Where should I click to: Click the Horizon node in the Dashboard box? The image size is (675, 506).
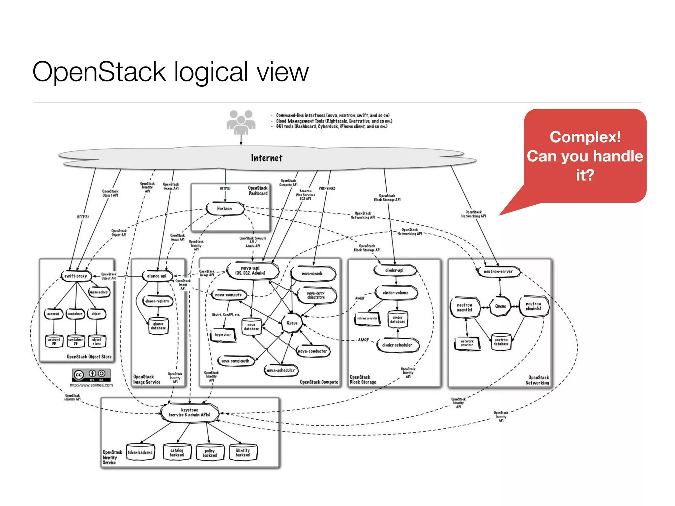[x=225, y=209]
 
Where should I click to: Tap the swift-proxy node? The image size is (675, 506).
[x=76, y=276]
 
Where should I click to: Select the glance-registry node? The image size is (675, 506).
[x=157, y=301]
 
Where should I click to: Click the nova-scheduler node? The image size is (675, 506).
[x=280, y=371]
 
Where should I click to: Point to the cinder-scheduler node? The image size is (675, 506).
[x=397, y=345]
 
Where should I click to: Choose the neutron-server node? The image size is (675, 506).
[x=498, y=272]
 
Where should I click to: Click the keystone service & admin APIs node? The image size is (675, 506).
[x=190, y=412]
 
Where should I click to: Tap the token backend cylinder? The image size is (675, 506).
[x=140, y=453]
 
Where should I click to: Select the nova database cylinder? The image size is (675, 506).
[x=251, y=327]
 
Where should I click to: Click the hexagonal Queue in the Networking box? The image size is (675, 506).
[x=500, y=306]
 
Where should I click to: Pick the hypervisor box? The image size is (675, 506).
[x=223, y=335]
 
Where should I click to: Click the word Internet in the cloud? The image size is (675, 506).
[x=267, y=158]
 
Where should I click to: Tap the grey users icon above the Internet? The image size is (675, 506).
[x=241, y=122]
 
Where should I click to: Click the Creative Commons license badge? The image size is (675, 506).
[x=91, y=375]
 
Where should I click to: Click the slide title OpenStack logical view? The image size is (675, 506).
[x=170, y=72]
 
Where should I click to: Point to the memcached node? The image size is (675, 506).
[x=99, y=292]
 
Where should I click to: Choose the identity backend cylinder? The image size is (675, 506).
[x=243, y=453]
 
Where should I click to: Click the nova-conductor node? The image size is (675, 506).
[x=312, y=351]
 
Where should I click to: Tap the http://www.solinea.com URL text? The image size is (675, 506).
[x=91, y=385]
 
